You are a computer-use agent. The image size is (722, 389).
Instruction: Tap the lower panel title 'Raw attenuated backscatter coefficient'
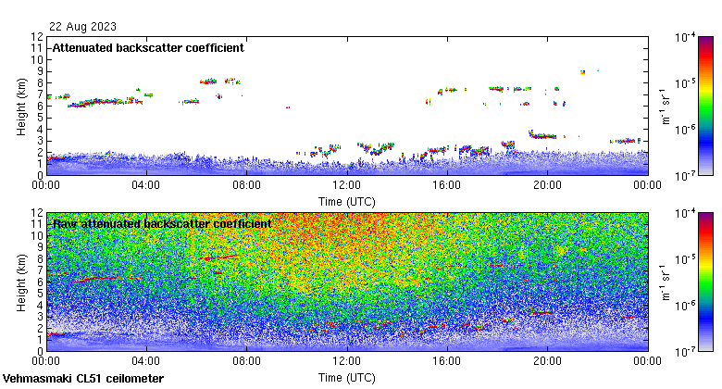coord(161,223)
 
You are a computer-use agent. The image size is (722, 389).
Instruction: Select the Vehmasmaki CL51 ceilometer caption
coord(83,379)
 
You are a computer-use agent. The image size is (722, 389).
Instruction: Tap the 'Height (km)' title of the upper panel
coord(20,106)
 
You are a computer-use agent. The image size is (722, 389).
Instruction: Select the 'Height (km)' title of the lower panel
coord(20,282)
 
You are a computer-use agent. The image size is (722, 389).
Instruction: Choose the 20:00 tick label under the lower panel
coord(547,361)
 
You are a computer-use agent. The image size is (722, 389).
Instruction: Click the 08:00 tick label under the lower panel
coord(246,361)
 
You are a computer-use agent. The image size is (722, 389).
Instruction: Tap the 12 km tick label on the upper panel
coord(36,37)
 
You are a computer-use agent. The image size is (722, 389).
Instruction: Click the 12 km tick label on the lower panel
coord(36,213)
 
